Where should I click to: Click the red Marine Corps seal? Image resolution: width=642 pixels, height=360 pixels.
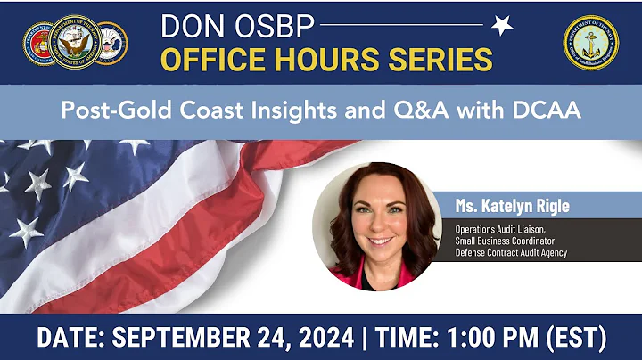39,42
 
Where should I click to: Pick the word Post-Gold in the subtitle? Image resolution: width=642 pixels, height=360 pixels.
130,111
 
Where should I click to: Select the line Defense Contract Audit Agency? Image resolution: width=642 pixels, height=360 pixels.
511,253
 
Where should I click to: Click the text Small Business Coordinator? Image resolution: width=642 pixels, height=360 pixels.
505,241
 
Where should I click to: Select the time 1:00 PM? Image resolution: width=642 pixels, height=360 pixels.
503,340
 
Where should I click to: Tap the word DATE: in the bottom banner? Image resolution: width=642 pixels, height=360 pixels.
74,340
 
